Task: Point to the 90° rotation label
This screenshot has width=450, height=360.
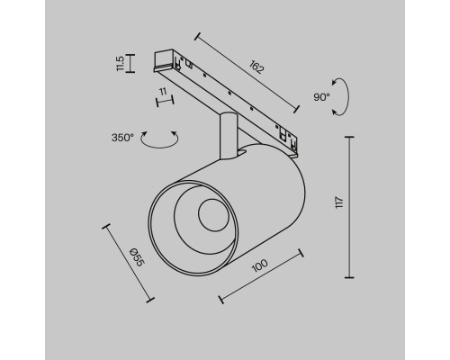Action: [x=321, y=97]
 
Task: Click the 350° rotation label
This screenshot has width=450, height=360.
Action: [x=122, y=138]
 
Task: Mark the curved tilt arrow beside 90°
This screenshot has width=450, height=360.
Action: [x=342, y=97]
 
